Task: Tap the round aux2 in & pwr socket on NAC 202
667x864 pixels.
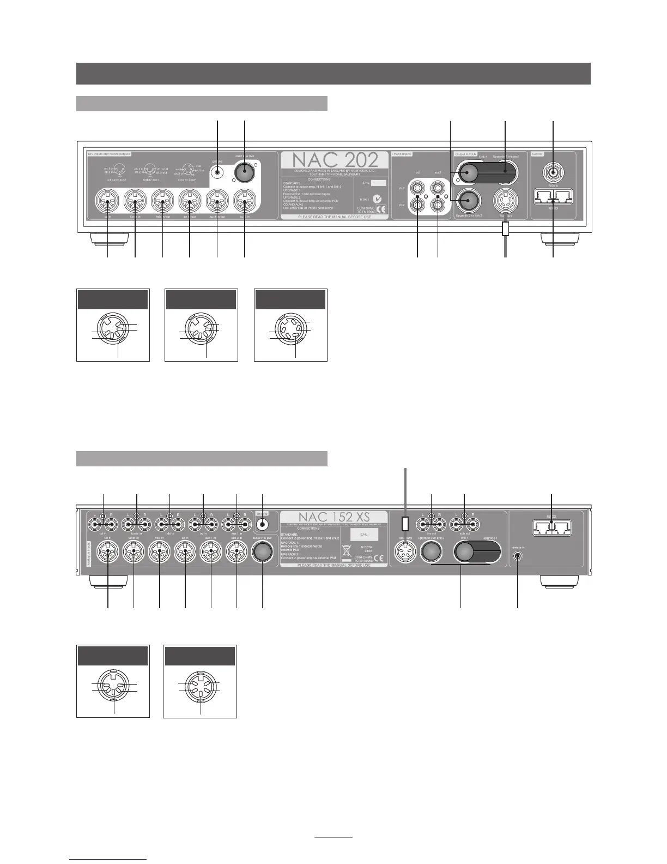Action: [x=245, y=173]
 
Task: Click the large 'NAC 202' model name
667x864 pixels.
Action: [x=335, y=160]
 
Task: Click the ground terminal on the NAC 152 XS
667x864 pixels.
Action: [x=263, y=524]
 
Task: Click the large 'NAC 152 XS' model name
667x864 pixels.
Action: [x=333, y=518]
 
